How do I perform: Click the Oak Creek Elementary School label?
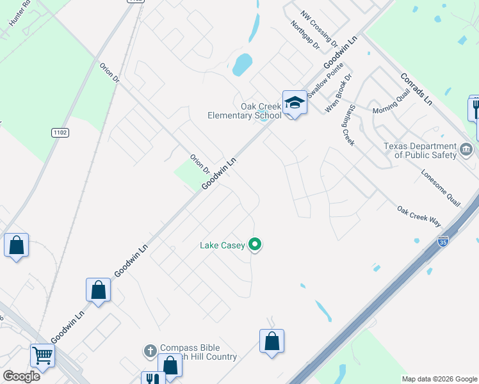click(x=244, y=111)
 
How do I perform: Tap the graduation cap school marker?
click(x=295, y=102)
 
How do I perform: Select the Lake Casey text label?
click(x=222, y=244)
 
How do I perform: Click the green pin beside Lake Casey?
click(x=255, y=244)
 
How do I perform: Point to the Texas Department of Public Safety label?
click(x=420, y=150)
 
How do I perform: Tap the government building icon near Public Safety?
click(x=467, y=151)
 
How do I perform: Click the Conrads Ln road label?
click(x=417, y=89)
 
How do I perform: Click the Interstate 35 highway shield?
click(x=443, y=241)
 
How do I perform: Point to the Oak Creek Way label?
click(x=419, y=216)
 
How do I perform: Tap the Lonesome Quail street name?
click(x=441, y=188)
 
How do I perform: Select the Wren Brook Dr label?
click(x=339, y=93)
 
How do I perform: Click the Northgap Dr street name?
click(x=304, y=38)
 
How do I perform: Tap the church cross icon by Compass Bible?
click(x=150, y=351)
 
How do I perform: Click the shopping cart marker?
click(x=42, y=354)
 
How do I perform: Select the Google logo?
click(x=21, y=376)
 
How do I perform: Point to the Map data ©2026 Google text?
click(x=439, y=379)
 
